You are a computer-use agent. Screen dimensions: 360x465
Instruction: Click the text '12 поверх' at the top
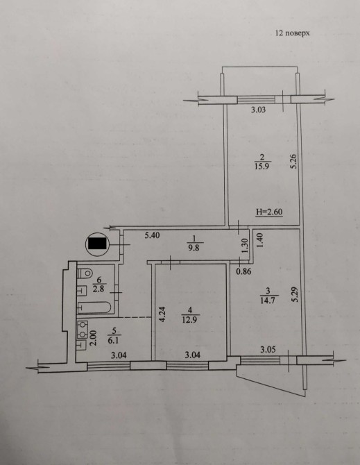tap(293, 33)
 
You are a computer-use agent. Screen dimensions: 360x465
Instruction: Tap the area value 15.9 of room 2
tap(261, 166)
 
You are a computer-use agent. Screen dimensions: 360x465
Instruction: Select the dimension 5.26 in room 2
tap(293, 162)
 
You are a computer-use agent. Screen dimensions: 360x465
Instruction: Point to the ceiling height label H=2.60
tap(269, 212)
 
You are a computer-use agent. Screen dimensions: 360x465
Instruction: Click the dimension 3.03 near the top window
tap(258, 110)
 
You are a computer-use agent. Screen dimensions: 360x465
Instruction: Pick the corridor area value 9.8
tap(194, 248)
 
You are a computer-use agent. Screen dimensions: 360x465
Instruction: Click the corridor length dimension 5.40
tap(153, 235)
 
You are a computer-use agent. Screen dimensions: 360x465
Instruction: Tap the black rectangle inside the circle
tap(97, 244)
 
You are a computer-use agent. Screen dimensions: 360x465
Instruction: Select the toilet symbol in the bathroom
tap(85, 273)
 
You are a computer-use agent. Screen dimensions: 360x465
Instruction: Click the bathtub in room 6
tap(94, 307)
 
